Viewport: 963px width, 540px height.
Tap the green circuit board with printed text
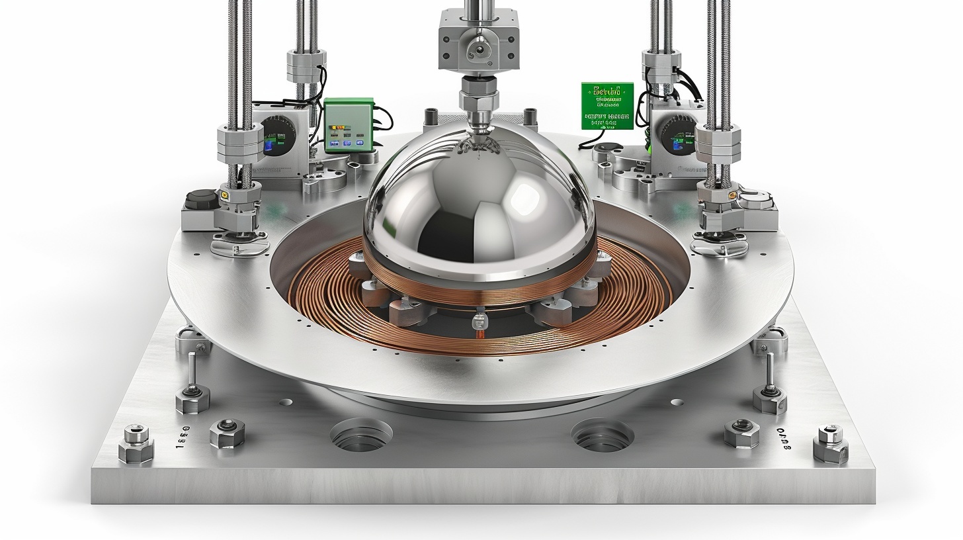607,105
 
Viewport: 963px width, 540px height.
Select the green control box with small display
349,125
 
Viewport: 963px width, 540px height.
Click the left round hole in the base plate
361,435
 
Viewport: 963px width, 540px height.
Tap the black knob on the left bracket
203,199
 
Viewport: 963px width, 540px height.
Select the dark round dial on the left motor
274,136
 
